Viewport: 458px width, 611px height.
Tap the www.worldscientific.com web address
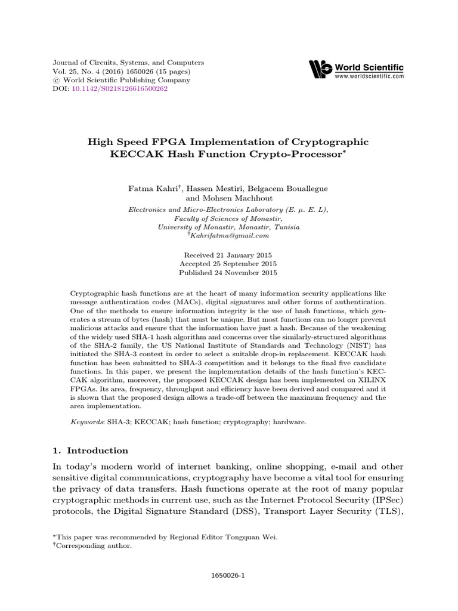point(369,77)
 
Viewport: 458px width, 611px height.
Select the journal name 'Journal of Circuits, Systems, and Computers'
point(120,62)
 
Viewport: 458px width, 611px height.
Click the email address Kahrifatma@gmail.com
point(230,236)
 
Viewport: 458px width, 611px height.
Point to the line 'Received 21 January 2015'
point(228,254)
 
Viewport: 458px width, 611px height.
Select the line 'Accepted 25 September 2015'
point(228,264)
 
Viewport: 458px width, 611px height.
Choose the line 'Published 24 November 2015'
point(228,273)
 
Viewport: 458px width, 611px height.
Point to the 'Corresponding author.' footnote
point(94,545)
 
